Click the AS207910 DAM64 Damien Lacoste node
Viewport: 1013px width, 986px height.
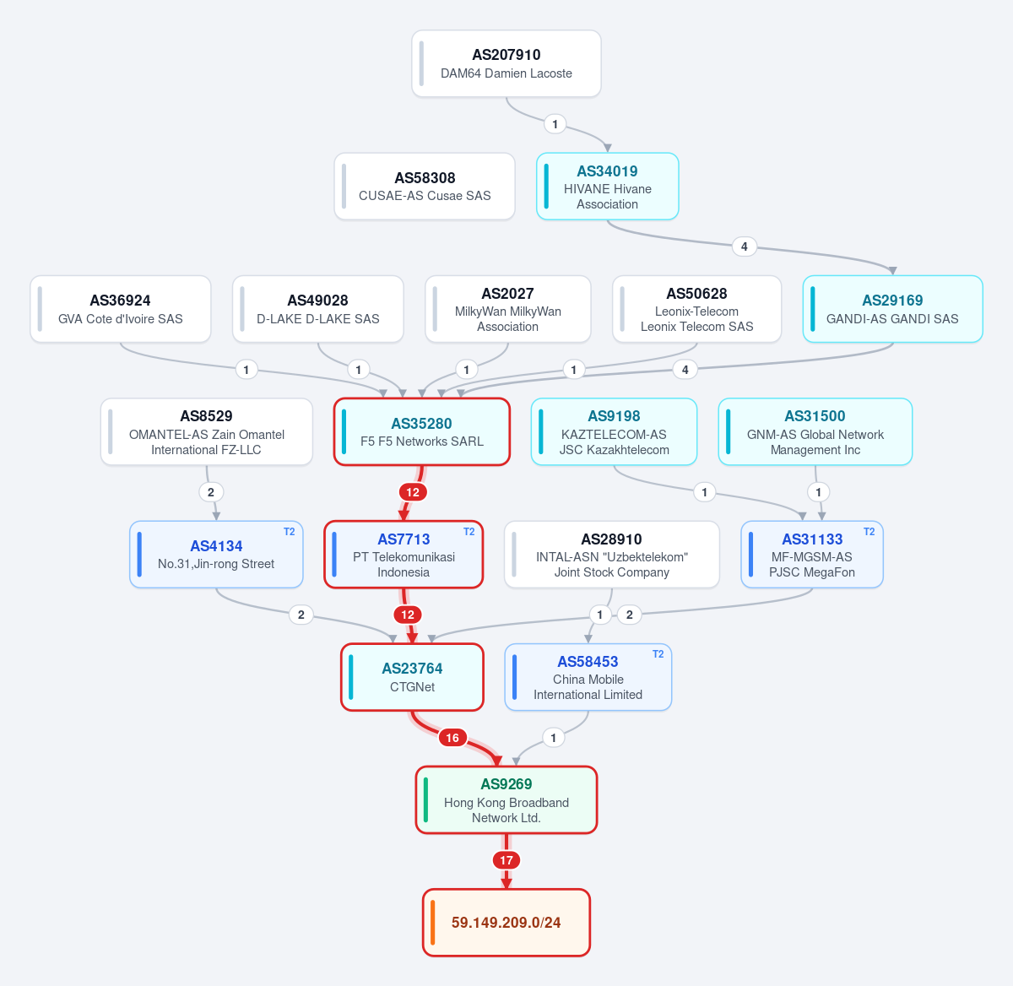pyautogui.click(x=506, y=63)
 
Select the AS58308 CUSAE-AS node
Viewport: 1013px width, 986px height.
pyautogui.click(x=425, y=187)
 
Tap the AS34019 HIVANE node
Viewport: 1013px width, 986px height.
pyautogui.click(x=607, y=187)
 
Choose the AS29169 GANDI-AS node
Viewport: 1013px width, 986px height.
pyautogui.click(x=892, y=309)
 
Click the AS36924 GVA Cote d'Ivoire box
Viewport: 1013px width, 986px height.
pyautogui.click(x=120, y=309)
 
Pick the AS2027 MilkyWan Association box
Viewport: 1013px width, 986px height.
pyautogui.click(x=507, y=309)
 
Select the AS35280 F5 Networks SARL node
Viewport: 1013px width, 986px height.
pyautogui.click(x=421, y=432)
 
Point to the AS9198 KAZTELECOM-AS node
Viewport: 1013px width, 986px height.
pyautogui.click(x=614, y=432)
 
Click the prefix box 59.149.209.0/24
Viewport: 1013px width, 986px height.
pyautogui.click(x=506, y=923)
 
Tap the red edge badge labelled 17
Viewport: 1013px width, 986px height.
pyautogui.click(x=506, y=860)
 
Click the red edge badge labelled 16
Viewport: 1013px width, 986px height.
pyautogui.click(x=452, y=738)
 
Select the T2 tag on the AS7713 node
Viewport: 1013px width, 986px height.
pyautogui.click(x=469, y=532)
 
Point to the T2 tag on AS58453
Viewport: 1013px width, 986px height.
pyautogui.click(x=658, y=654)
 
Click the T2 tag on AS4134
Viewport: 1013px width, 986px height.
pyautogui.click(x=289, y=532)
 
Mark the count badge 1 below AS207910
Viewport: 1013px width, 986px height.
pyautogui.click(x=555, y=124)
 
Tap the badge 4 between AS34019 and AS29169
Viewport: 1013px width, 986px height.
pyautogui.click(x=744, y=246)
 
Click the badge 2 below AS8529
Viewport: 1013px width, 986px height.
pyautogui.click(x=210, y=492)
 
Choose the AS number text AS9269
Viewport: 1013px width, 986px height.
pyautogui.click(x=506, y=784)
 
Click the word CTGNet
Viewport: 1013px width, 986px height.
pyautogui.click(x=412, y=687)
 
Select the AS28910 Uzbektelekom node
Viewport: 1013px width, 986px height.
pyautogui.click(x=612, y=555)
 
